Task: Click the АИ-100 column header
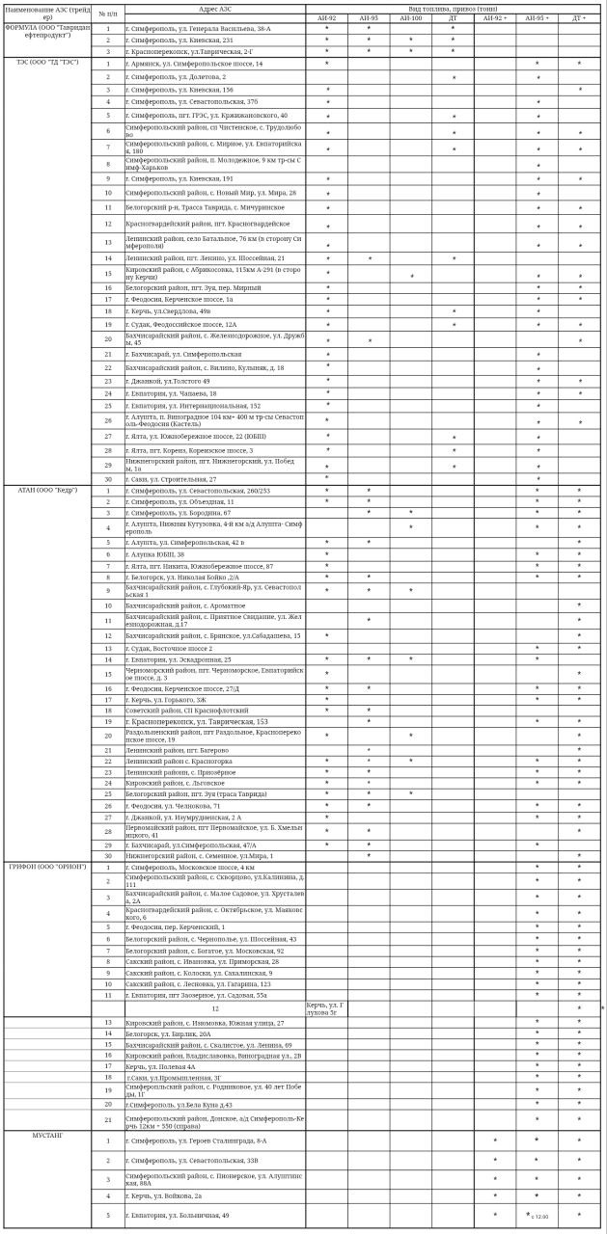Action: [410, 18]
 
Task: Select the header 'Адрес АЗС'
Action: [214, 8]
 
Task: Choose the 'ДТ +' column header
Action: [579, 18]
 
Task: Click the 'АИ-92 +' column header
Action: [494, 18]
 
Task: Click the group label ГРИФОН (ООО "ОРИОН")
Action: [47, 867]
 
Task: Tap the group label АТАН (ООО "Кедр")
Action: [47, 490]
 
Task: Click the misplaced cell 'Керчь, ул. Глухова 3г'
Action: [326, 1008]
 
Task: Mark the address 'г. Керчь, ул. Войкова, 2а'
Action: [163, 1195]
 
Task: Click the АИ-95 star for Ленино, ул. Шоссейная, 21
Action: [369, 258]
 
